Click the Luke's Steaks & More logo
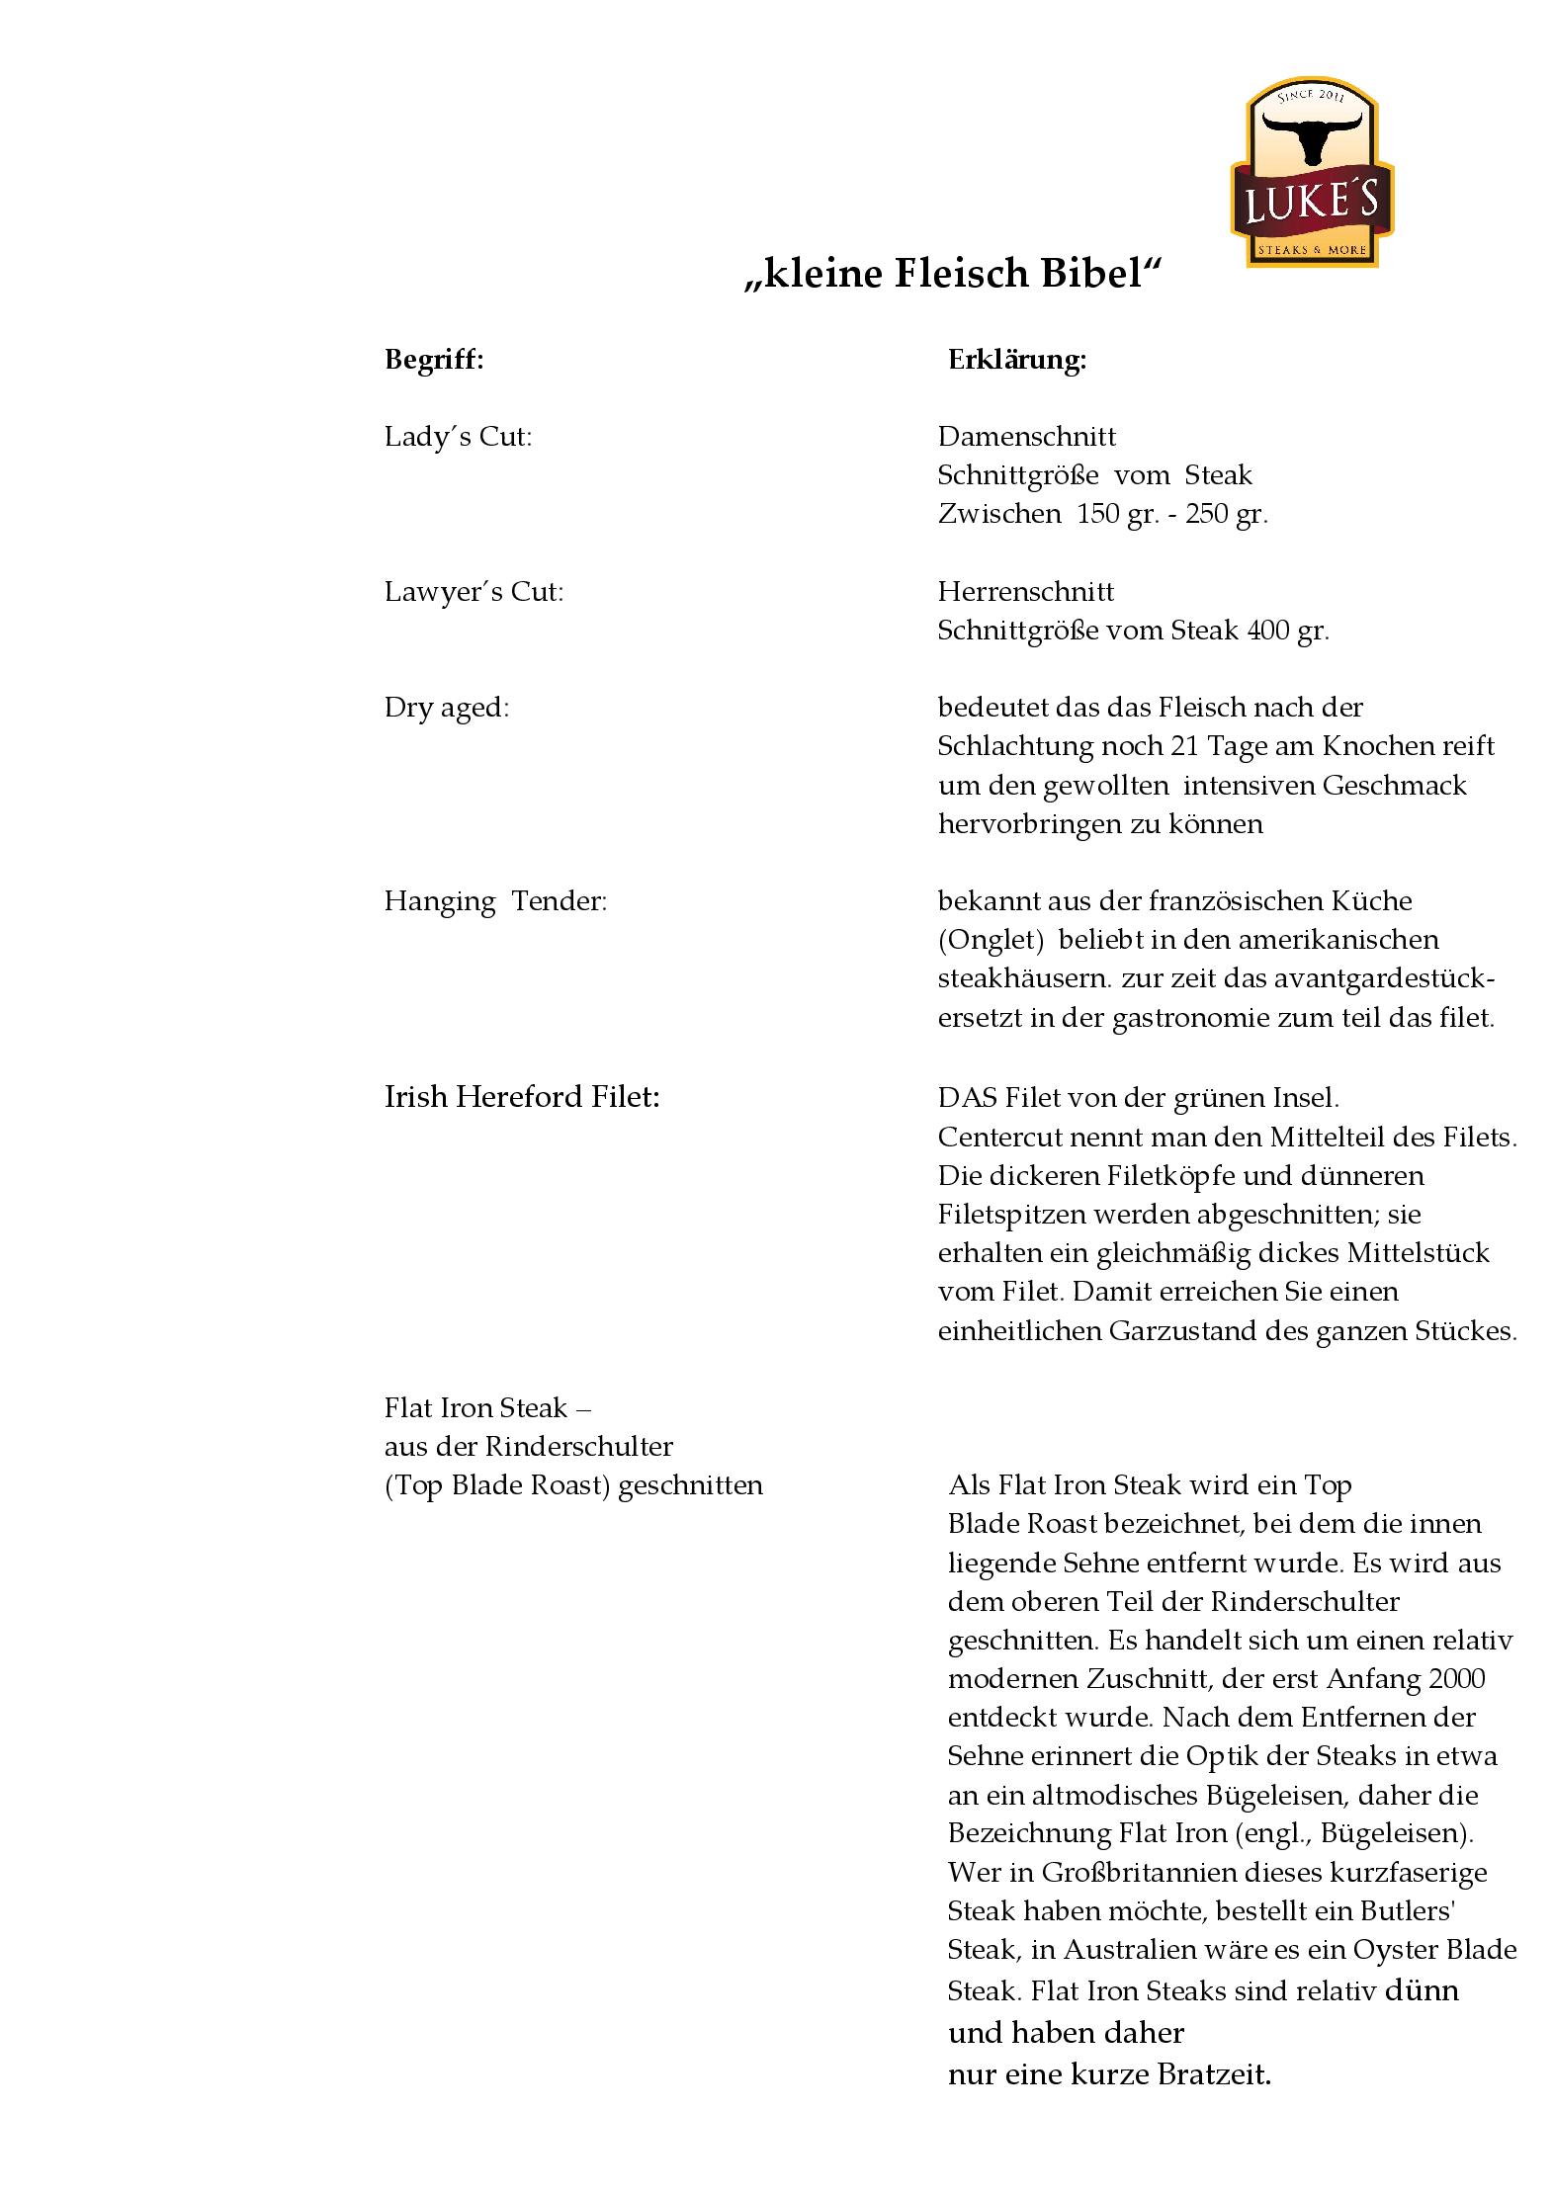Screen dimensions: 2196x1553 click(1311, 173)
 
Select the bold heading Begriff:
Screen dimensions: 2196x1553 click(434, 360)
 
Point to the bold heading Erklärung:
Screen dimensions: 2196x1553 click(1017, 360)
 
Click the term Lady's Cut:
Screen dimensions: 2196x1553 click(458, 437)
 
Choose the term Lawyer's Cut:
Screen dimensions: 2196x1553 click(474, 592)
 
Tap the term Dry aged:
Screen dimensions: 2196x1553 click(446, 708)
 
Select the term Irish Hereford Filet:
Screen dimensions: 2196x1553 click(521, 1097)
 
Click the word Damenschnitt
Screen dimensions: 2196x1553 click(1026, 437)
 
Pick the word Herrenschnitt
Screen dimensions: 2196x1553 click(1025, 592)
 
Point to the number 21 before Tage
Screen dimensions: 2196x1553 click(1171, 746)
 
